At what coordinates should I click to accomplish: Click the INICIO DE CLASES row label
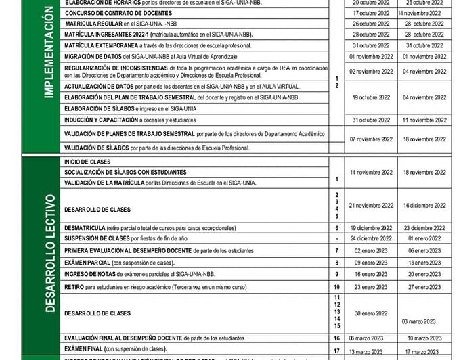click(x=87, y=162)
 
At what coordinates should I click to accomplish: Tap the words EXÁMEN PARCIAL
click(x=87, y=263)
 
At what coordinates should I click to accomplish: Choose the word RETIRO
click(x=74, y=287)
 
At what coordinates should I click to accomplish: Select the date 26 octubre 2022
click(x=371, y=24)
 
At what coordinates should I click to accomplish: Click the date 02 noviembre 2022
click(x=371, y=71)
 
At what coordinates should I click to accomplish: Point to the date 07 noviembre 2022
click(x=371, y=139)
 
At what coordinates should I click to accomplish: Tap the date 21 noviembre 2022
click(x=371, y=205)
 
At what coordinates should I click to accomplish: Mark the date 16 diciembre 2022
click(x=424, y=205)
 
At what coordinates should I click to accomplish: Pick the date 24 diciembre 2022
click(x=371, y=238)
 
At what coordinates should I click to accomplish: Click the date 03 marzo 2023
click(x=419, y=321)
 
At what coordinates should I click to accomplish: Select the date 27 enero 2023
click(x=424, y=287)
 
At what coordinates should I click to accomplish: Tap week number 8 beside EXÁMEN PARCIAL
click(x=336, y=262)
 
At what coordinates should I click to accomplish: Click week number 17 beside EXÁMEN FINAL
click(x=336, y=351)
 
